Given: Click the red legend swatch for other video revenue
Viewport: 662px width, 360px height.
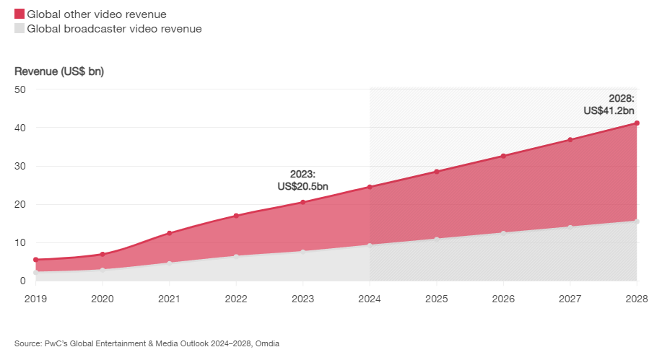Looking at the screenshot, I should click(19, 14).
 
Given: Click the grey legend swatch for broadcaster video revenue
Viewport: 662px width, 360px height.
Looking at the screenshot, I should click(19, 29).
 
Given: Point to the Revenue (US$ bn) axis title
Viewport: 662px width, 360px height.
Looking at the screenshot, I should click(59, 71).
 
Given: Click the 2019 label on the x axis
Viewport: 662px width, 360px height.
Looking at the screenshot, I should click(35, 299).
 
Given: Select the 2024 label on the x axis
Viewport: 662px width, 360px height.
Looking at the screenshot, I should click(370, 299).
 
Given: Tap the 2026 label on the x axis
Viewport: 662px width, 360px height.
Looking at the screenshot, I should click(503, 299).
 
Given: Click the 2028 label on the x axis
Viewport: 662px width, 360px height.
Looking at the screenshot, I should click(636, 299).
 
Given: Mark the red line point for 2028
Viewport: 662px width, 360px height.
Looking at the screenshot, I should click(637, 123).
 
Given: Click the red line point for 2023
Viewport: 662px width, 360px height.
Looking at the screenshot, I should click(303, 202).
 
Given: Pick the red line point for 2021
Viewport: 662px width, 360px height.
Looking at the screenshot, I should click(169, 233).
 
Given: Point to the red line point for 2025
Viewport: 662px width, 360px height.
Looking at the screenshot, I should click(437, 172).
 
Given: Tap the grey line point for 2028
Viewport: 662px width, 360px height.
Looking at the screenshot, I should click(637, 221).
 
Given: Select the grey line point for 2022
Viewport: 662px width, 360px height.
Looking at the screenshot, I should click(236, 256).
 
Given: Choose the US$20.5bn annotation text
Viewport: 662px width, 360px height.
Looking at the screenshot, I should click(302, 186).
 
